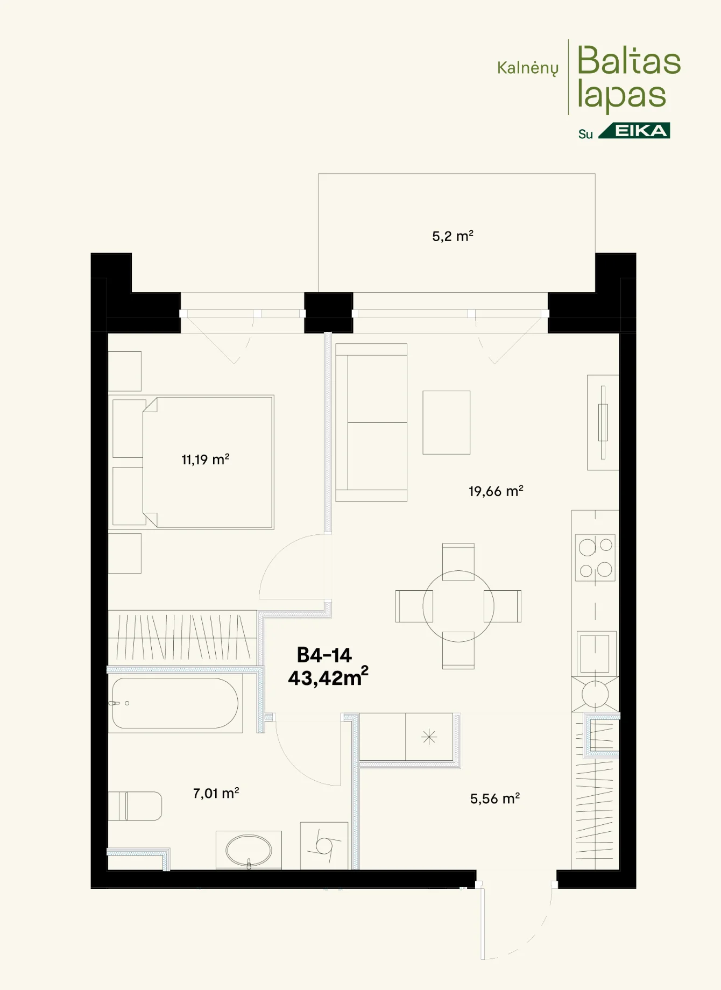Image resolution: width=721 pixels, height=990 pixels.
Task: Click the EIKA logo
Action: point(634,131)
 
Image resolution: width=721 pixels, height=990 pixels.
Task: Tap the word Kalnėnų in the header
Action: point(528,68)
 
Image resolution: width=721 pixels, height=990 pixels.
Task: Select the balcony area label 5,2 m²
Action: point(453,236)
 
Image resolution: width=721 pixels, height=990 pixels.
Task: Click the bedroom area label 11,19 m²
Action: point(205,459)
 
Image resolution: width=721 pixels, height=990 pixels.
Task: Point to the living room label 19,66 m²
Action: point(496,491)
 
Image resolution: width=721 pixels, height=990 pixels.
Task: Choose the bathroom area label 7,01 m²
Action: point(216,793)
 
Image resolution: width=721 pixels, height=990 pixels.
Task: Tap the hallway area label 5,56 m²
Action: point(494,798)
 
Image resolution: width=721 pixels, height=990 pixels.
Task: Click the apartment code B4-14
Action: point(324,655)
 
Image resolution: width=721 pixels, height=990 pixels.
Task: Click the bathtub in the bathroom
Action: point(175,703)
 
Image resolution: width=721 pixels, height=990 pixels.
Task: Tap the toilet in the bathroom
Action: point(135,806)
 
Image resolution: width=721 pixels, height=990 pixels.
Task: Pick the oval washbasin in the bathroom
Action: point(249,850)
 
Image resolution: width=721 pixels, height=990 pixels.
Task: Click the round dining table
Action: point(458,606)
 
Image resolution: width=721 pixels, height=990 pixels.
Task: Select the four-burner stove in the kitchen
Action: point(595,557)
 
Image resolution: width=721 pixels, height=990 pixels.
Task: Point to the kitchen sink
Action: point(595,653)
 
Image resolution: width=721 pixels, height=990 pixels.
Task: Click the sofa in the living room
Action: point(371,423)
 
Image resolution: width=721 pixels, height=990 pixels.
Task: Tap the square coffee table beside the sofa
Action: point(447,422)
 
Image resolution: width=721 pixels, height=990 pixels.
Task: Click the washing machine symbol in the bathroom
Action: point(324,845)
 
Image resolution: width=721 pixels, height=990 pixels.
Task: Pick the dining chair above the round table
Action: point(458,562)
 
